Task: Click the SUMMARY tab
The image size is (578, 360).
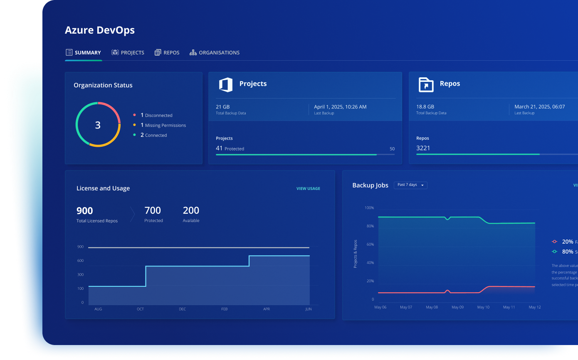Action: [84, 53]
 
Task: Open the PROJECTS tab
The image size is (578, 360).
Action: [128, 53]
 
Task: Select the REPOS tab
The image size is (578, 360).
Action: [167, 53]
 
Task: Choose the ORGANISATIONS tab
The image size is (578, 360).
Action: [215, 53]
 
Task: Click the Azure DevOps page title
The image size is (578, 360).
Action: [100, 30]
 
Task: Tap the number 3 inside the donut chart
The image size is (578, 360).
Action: [98, 125]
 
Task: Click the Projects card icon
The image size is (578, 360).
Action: [226, 85]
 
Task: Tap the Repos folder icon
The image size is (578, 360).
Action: [426, 85]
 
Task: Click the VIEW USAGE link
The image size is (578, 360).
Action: [308, 189]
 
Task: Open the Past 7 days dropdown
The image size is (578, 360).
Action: [410, 185]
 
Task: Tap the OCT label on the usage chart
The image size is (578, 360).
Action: [140, 309]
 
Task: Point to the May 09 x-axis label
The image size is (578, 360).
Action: [457, 307]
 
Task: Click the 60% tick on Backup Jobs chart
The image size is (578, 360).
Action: [370, 244]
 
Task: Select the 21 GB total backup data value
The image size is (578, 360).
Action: [223, 107]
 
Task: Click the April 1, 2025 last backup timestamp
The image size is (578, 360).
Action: [340, 107]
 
